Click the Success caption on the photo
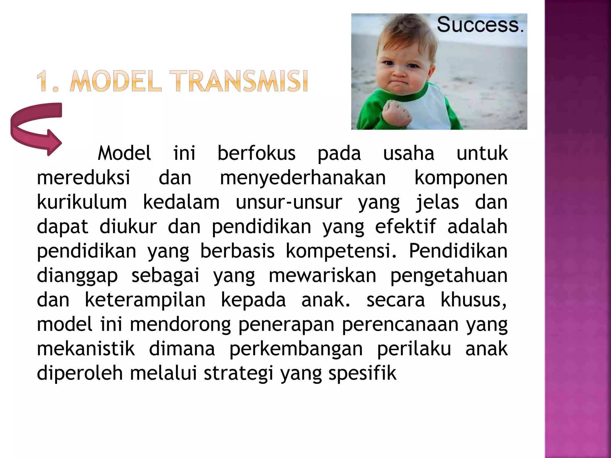pos(480,25)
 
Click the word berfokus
pos(256,154)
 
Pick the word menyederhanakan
pos(303,178)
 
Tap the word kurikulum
pos(82,202)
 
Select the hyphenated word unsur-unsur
pos(288,202)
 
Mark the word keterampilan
pos(145,300)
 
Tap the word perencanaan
pos(400,325)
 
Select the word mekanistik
pos(86,349)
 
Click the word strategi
pos(238,374)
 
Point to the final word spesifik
pos(362,374)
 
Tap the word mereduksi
pos(83,178)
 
